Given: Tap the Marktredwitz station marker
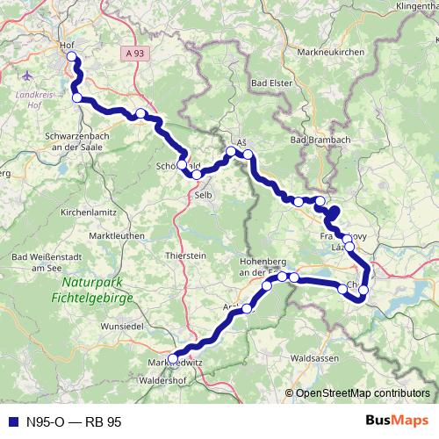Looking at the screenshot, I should point(173,358).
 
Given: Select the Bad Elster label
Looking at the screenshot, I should point(273,83).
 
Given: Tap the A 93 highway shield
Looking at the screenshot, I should point(131,54).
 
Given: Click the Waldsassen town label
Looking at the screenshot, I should point(314,358).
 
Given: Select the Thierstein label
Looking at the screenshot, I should point(185,255).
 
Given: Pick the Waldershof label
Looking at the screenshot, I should point(164,382).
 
